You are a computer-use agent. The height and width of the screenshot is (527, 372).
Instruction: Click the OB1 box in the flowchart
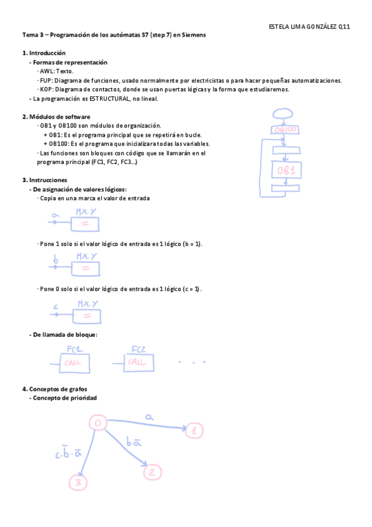pyautogui.click(x=286, y=170)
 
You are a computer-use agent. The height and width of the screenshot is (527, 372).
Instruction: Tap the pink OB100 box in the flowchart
pyautogui.click(x=285, y=129)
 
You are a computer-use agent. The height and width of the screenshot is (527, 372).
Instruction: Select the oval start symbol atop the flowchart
pyautogui.click(x=283, y=114)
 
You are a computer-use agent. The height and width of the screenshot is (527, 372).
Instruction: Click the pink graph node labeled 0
pyautogui.click(x=98, y=423)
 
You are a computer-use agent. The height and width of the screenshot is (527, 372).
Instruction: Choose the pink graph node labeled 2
pyautogui.click(x=151, y=472)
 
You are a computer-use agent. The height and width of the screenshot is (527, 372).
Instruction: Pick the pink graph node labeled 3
pyautogui.click(x=78, y=482)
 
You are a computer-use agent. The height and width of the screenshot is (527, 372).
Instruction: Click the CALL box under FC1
pyautogui.click(x=75, y=362)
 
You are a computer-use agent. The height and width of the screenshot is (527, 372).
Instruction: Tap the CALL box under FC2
pyautogui.click(x=138, y=362)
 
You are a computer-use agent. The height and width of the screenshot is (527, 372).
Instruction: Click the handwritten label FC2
pyautogui.click(x=138, y=349)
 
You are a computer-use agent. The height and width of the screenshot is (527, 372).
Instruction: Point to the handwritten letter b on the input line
pyautogui.click(x=56, y=260)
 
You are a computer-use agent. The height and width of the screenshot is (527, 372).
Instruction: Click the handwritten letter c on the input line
pyautogui.click(x=56, y=306)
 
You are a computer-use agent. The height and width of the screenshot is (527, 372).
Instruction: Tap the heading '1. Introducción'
pyautogui.click(x=43, y=53)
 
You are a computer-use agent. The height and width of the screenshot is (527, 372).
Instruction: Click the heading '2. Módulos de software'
pyautogui.click(x=56, y=116)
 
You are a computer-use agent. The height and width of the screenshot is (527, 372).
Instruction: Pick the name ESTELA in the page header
pyautogui.click(x=278, y=27)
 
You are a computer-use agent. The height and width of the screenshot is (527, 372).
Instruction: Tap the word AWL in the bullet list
pyautogui.click(x=47, y=71)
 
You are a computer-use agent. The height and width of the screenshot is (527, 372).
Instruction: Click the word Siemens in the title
pyautogui.click(x=193, y=35)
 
